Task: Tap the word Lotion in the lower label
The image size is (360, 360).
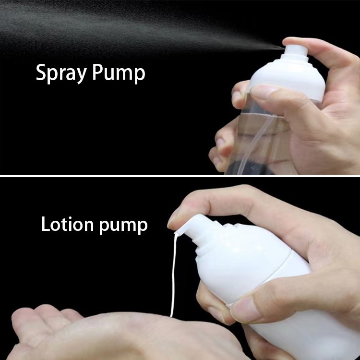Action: (x=67, y=224)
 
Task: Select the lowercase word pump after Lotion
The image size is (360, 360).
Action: (x=123, y=226)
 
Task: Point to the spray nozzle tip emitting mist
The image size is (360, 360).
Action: (x=284, y=48)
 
